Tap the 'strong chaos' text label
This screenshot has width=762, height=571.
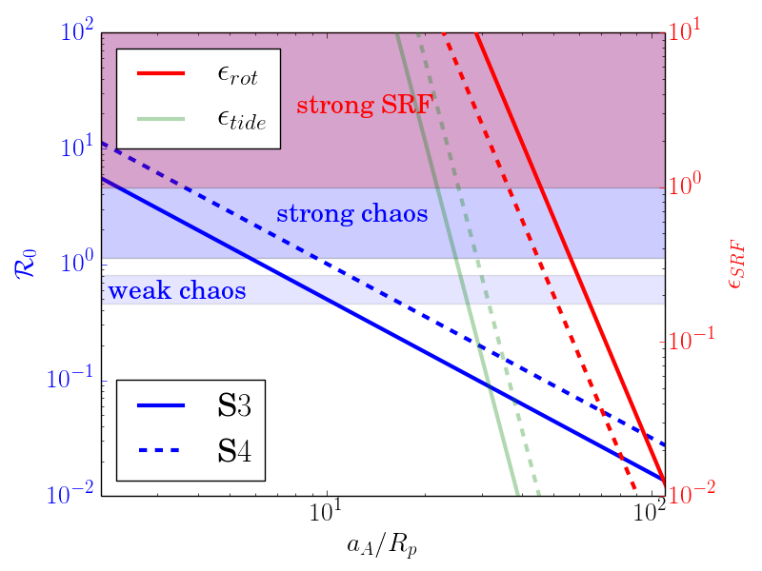tap(351, 213)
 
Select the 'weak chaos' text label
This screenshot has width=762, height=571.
tap(177, 290)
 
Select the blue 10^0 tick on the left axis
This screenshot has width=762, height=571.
tap(70, 261)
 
